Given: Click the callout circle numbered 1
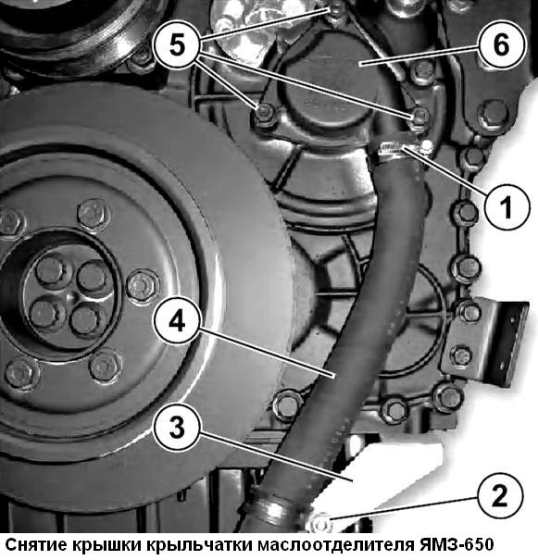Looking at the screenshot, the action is (507, 206).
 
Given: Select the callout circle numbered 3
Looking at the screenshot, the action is (177, 428).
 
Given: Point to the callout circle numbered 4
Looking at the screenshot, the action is (177, 321).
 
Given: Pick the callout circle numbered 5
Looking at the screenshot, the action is (178, 44).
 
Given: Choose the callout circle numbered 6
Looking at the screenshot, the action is (502, 45).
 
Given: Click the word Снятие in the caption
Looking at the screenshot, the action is (36, 545).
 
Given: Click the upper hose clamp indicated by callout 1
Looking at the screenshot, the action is (393, 149).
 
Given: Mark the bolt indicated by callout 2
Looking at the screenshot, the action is (321, 523).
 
